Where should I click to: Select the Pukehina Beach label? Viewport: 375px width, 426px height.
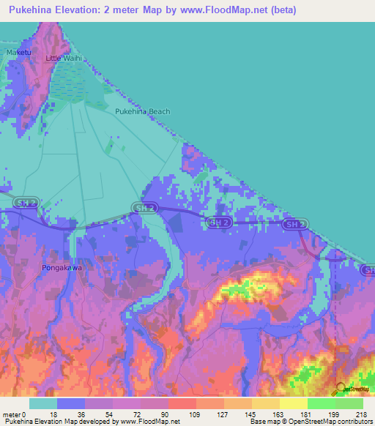(x=143, y=111)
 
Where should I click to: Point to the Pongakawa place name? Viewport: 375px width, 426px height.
(x=61, y=267)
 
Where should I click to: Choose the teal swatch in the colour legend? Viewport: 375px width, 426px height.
(x=43, y=403)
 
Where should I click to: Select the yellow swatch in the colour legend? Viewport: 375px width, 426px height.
(x=294, y=403)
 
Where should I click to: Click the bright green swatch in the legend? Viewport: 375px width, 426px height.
(x=322, y=403)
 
